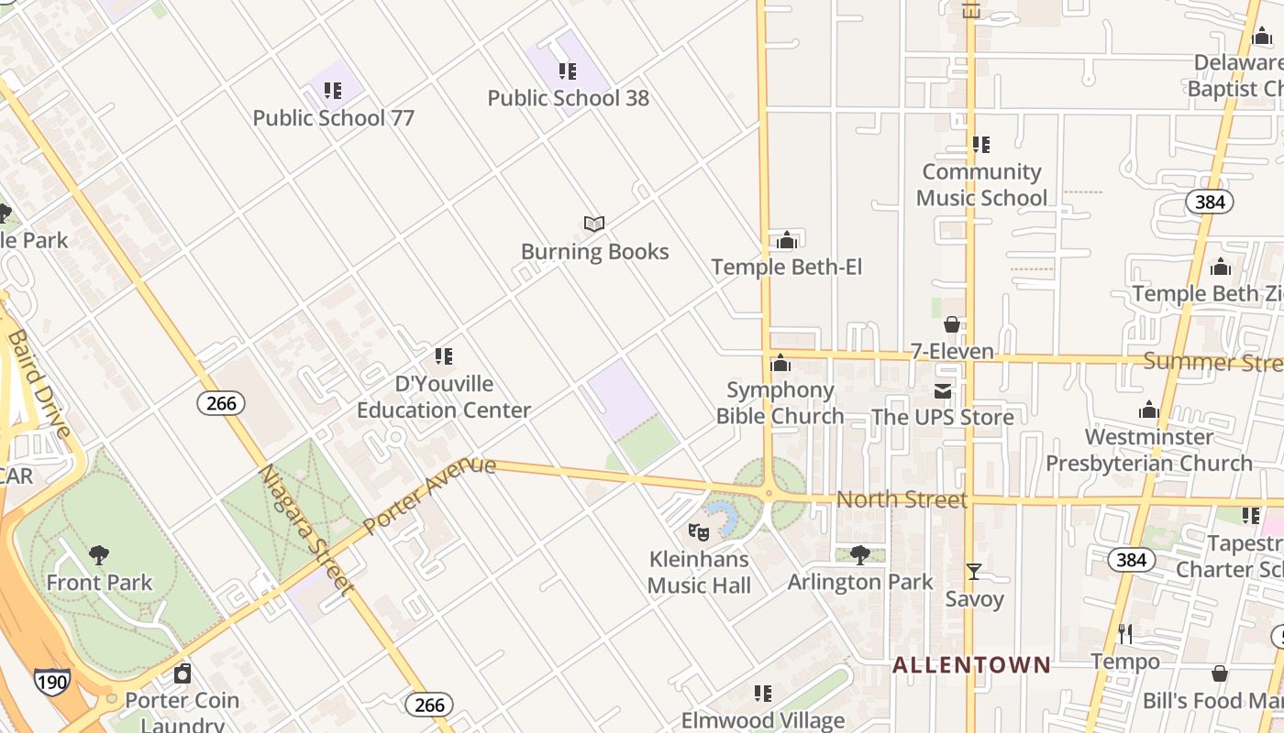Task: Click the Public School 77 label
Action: (x=333, y=118)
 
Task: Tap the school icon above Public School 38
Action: (x=568, y=71)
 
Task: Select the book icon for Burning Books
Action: (x=594, y=224)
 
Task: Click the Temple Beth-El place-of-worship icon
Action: (x=786, y=241)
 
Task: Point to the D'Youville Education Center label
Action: (x=444, y=397)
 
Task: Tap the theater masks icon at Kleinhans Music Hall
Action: (x=699, y=531)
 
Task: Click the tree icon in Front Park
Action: (x=99, y=555)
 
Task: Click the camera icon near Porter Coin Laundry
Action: (x=183, y=674)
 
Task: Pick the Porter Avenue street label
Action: (x=428, y=495)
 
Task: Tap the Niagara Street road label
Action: (x=305, y=530)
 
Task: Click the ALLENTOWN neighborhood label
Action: (x=971, y=665)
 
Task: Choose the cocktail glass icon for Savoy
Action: (x=974, y=572)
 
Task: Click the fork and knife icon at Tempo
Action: (x=1125, y=634)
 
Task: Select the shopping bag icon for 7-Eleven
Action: (x=952, y=325)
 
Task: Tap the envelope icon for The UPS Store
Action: (x=943, y=391)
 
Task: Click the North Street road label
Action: (x=902, y=499)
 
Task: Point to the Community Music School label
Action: (x=981, y=185)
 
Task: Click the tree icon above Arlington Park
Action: (x=859, y=554)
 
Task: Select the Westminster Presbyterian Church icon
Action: (x=1148, y=410)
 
